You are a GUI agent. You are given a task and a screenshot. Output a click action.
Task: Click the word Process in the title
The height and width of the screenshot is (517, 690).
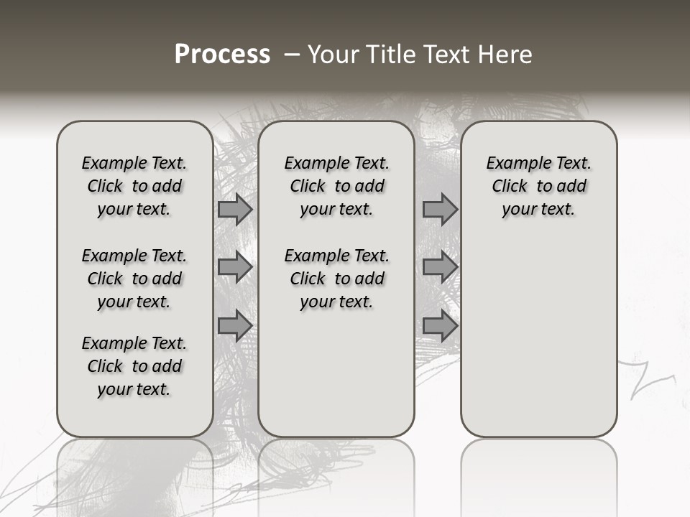click(222, 55)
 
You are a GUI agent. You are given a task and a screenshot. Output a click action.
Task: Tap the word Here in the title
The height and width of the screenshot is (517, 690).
click(505, 55)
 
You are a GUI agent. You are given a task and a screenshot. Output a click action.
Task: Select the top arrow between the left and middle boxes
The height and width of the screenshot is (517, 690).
click(235, 210)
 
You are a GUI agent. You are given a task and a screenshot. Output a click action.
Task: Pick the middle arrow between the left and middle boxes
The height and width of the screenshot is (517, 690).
click(235, 267)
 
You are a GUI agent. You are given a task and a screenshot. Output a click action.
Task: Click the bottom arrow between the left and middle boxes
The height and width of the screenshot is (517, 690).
click(235, 326)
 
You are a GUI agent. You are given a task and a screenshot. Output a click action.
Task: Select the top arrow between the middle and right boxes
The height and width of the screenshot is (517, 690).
click(440, 210)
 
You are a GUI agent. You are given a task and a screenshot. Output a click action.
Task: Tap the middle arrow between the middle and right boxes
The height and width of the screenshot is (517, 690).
click(440, 267)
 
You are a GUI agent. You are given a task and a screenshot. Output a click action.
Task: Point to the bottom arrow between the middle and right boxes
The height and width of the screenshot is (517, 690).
click(440, 326)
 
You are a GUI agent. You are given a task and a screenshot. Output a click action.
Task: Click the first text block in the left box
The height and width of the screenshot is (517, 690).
click(134, 186)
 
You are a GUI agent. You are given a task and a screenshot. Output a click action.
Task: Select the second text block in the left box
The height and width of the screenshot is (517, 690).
click(134, 279)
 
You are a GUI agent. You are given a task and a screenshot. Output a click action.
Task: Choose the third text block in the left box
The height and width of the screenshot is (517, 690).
click(134, 366)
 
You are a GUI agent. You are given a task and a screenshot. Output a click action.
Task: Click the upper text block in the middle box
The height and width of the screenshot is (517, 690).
click(336, 186)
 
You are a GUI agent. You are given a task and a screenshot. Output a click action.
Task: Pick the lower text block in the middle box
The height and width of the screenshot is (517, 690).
click(336, 279)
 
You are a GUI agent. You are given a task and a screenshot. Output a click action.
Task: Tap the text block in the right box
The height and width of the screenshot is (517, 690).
click(539, 186)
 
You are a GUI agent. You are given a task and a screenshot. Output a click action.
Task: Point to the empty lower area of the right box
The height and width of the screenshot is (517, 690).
click(539, 330)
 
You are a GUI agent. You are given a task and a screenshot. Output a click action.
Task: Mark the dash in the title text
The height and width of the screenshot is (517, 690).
click(292, 55)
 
